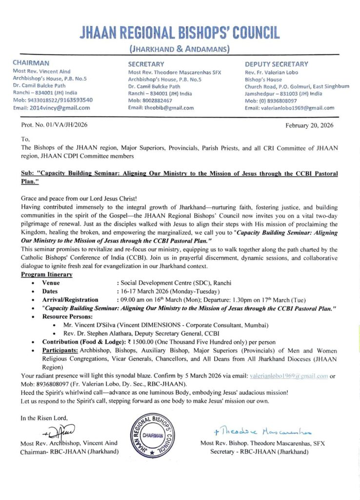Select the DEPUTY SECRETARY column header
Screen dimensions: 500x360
pyautogui.click(x=276, y=64)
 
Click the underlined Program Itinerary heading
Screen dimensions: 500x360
pyautogui.click(x=47, y=275)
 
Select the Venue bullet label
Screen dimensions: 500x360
pyautogui.click(x=51, y=283)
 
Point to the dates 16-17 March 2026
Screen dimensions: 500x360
pyautogui.click(x=155, y=292)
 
